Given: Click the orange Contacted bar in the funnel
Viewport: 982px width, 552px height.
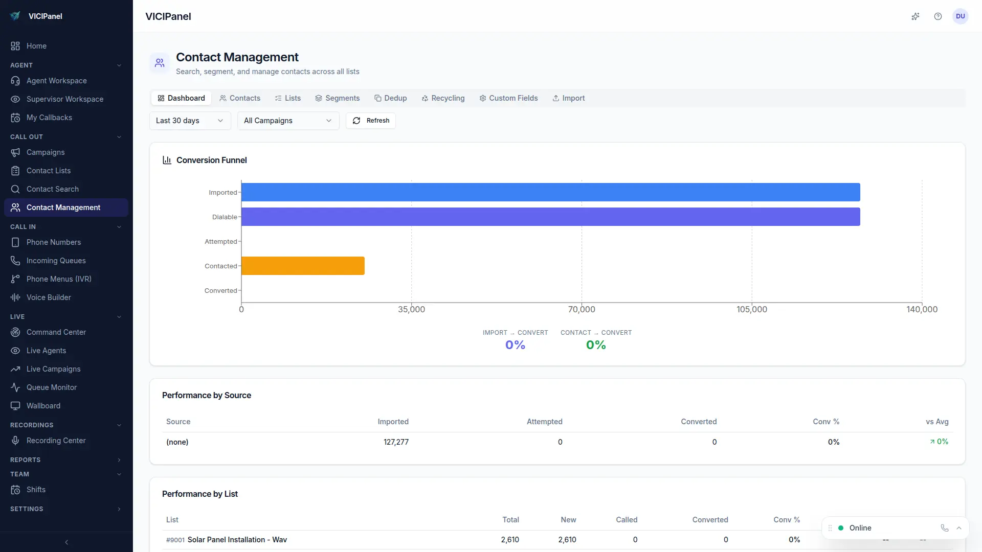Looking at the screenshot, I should (303, 266).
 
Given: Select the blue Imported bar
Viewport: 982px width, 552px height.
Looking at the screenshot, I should (550, 192).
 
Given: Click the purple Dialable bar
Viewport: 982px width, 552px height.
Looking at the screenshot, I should (550, 217).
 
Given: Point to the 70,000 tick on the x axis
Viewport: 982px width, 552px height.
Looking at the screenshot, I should (582, 309).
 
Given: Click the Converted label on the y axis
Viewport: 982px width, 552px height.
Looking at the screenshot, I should (220, 290).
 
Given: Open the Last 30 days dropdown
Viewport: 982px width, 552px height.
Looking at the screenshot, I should (190, 121).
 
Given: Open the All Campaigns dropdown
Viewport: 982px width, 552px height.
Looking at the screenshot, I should (288, 121).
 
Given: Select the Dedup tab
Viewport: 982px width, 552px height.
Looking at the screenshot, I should (390, 98).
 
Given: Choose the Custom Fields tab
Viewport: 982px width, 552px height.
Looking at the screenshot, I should (508, 98).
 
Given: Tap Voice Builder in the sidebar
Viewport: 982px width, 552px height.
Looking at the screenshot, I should (49, 297).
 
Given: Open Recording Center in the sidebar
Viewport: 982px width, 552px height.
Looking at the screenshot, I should (56, 441).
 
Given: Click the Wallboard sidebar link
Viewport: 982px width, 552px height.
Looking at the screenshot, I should (43, 406).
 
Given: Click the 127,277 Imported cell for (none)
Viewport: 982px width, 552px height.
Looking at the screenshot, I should (396, 442).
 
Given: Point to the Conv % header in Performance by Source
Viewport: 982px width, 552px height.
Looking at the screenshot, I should (825, 422).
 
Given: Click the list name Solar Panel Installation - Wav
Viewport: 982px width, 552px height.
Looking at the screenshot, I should (237, 540).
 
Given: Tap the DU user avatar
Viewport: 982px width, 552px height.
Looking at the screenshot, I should (960, 16).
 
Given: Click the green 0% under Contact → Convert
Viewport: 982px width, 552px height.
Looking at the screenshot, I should (596, 345).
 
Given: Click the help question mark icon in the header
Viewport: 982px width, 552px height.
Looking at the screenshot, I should (938, 16).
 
